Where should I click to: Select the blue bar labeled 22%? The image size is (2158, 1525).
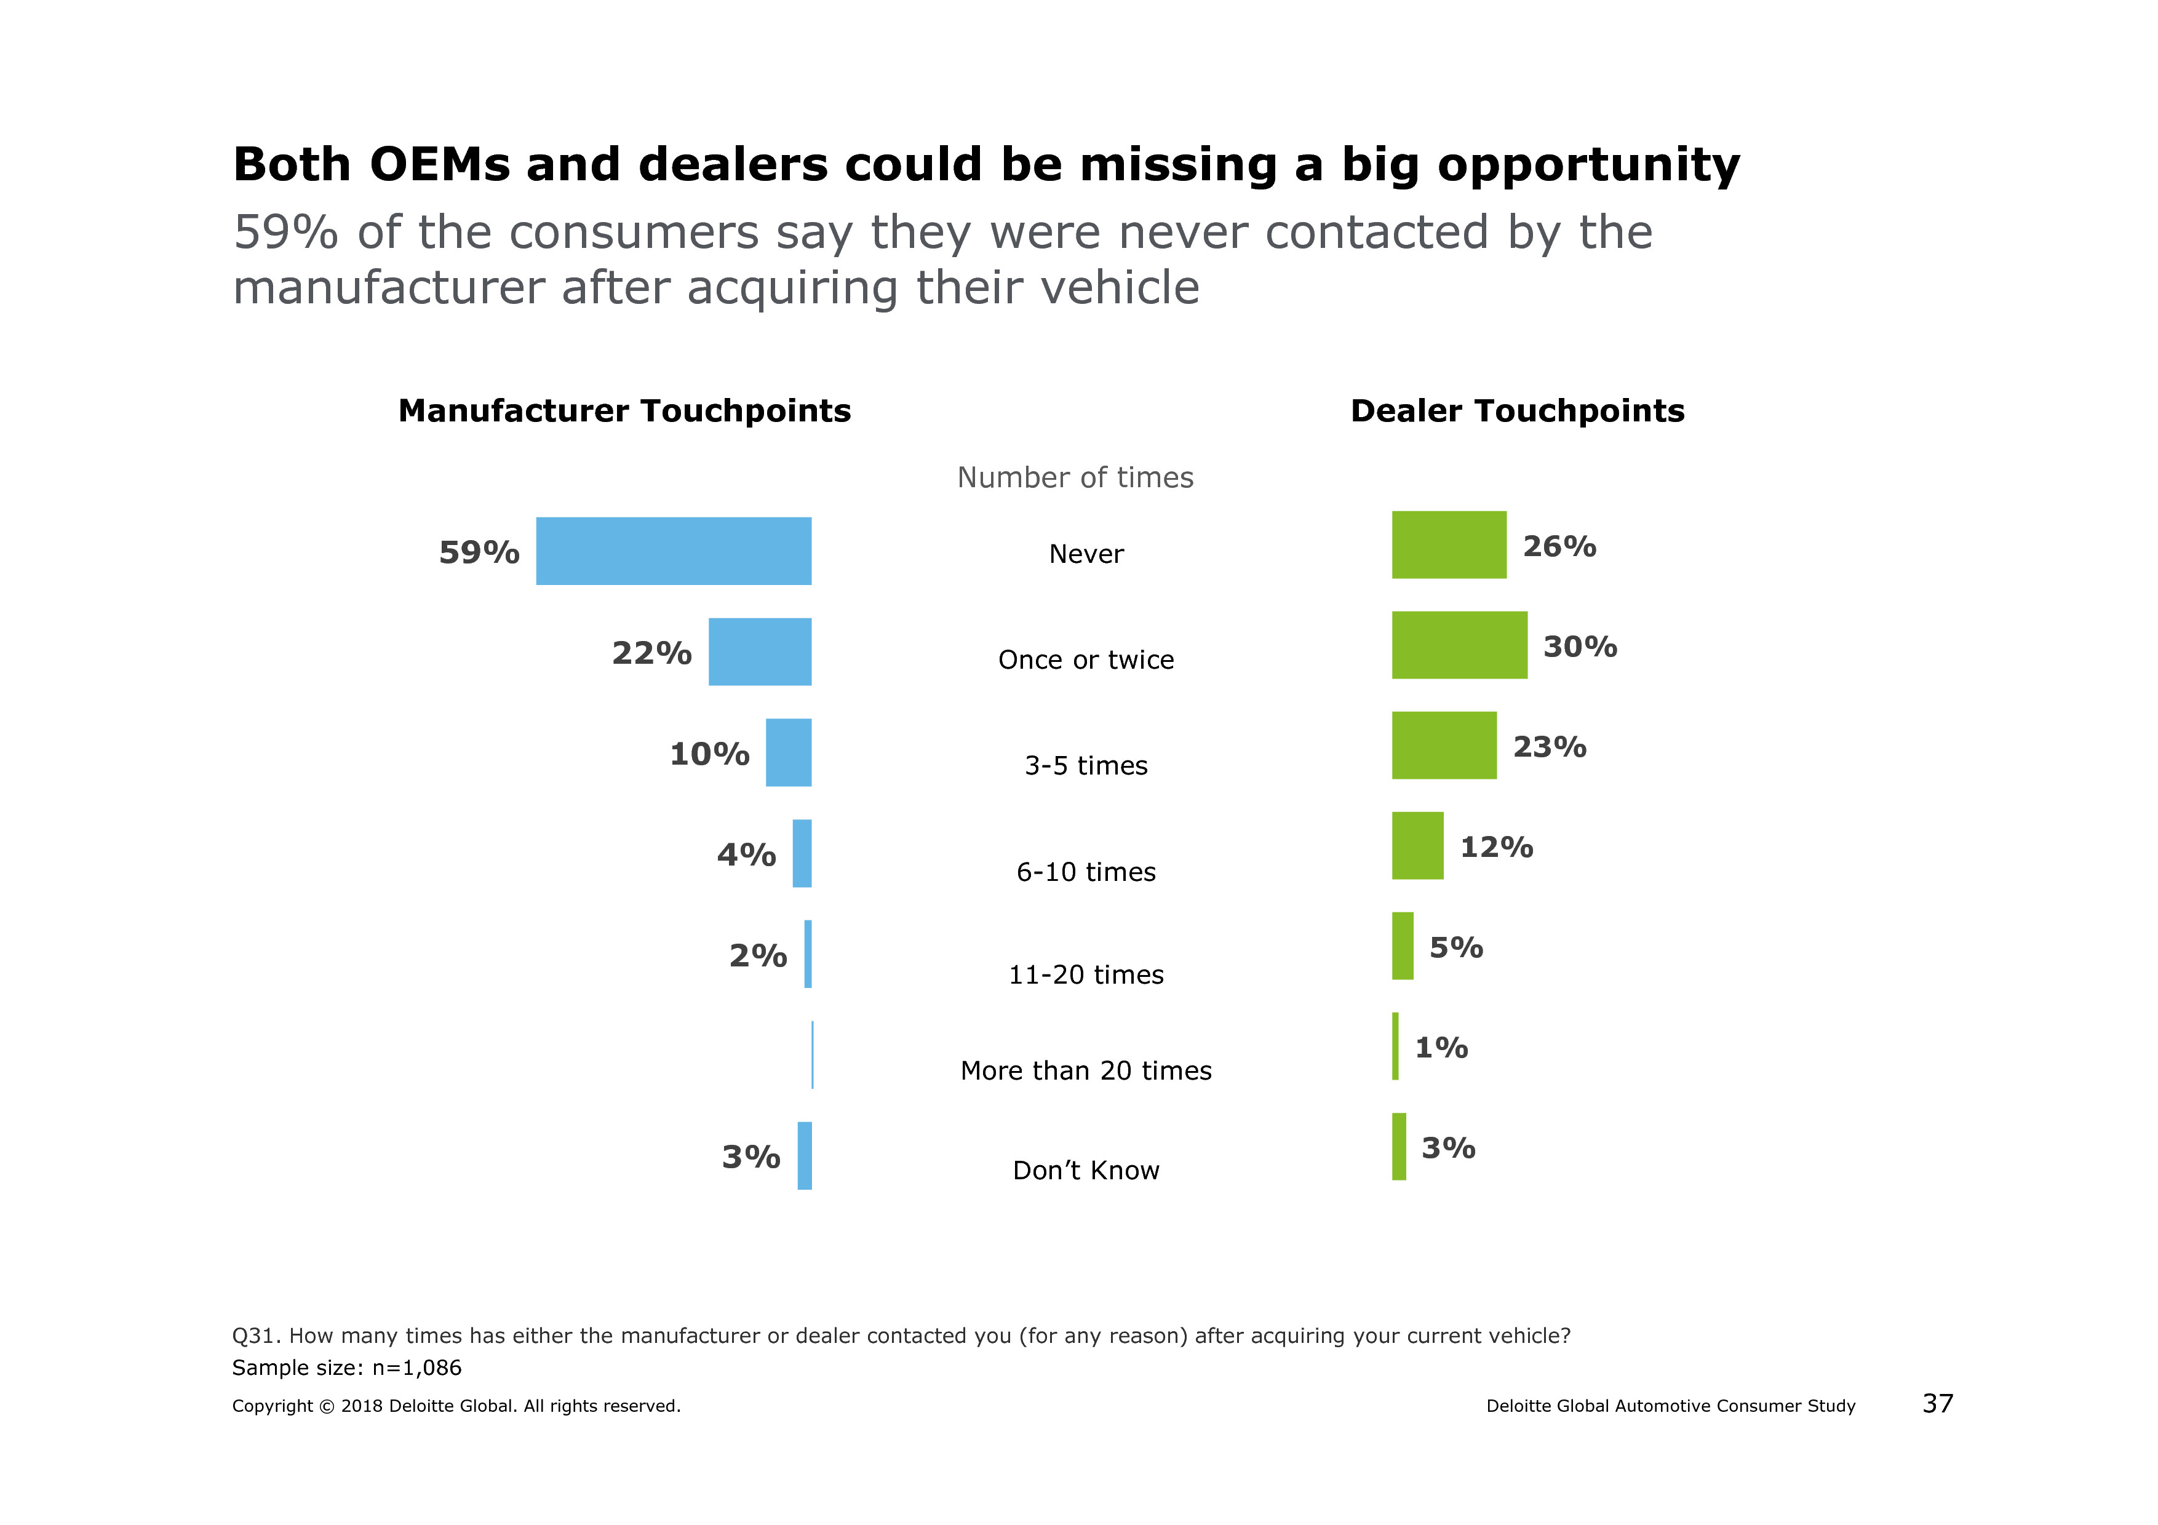[x=760, y=651]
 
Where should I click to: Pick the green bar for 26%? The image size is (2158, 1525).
[x=1448, y=545]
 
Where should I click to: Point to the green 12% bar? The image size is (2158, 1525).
[x=1417, y=846]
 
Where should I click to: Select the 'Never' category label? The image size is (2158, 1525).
[x=1086, y=554]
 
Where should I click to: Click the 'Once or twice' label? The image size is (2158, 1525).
[x=1086, y=659]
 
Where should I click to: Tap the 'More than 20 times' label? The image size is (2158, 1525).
[x=1086, y=1070]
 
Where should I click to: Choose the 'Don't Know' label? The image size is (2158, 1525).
[x=1086, y=1170]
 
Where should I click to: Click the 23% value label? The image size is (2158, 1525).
[x=1549, y=747]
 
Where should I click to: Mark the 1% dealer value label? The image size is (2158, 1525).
[x=1441, y=1047]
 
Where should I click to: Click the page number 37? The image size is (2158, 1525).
[x=1937, y=1404]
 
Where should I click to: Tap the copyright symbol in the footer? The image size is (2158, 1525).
[x=326, y=1407]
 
